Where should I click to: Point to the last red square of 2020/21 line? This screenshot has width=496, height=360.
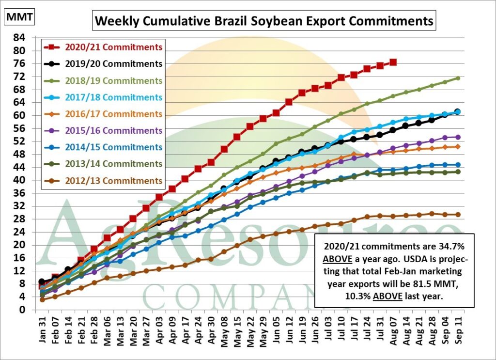(x=393, y=62)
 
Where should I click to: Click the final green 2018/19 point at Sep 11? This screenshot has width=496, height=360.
(x=457, y=78)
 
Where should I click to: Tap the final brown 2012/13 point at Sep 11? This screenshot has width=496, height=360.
(x=457, y=215)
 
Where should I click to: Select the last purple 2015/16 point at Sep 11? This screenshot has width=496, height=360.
(x=457, y=137)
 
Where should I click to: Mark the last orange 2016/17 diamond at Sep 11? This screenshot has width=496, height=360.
(x=457, y=147)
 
